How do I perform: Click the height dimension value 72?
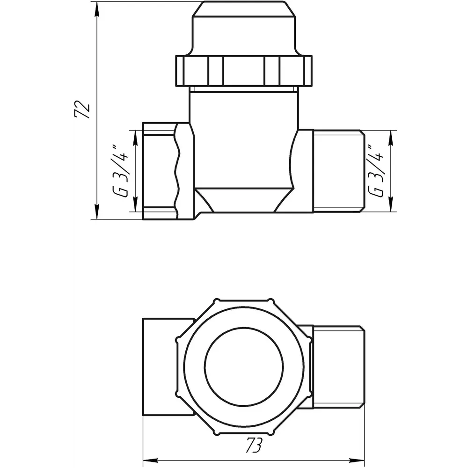[82, 110]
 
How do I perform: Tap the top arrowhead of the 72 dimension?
[96, 10]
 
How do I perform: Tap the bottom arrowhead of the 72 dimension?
[96, 212]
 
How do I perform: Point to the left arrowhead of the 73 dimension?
[151, 460]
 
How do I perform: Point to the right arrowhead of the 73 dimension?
[357, 460]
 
